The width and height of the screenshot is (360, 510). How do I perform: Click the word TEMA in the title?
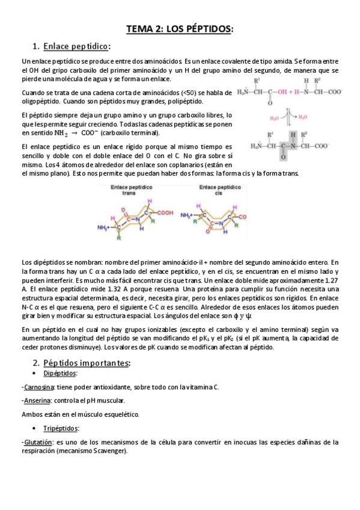pyautogui.click(x=139, y=29)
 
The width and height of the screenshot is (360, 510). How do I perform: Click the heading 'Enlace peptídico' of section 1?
pyautogui.click(x=76, y=46)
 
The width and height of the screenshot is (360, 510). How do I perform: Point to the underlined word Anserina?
pyautogui.click(x=37, y=401)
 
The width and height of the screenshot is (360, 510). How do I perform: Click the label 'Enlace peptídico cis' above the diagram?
pyautogui.click(x=215, y=191)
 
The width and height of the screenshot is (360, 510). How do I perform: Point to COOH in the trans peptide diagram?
pyautogui.click(x=165, y=212)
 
